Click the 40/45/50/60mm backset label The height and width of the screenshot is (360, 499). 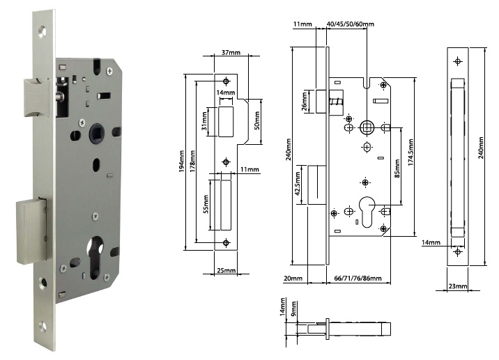tap(350, 24)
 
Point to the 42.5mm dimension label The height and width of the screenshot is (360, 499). tap(298, 186)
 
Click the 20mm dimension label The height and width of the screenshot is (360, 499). tap(293, 278)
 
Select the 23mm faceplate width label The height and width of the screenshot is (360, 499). tap(457, 286)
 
